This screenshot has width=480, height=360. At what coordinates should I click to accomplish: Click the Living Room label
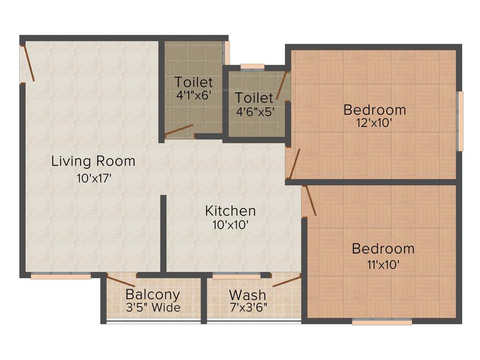93,161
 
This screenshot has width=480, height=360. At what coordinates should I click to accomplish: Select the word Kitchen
230,210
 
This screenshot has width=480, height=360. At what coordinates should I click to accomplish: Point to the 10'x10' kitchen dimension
230,225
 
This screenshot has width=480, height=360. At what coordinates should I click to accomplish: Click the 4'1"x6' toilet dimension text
194,94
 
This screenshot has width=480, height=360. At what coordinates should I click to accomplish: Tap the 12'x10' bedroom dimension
374,123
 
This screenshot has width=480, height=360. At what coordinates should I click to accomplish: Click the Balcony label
153,295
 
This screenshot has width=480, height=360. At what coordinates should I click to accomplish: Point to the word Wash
247,295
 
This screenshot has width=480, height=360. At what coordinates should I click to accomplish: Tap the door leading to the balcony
121,281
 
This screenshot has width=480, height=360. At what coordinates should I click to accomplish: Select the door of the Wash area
286,281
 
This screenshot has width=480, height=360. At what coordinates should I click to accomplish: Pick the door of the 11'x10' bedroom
310,201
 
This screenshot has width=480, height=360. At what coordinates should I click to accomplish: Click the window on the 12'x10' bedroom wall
461,121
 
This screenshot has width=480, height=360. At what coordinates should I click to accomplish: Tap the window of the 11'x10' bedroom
382,322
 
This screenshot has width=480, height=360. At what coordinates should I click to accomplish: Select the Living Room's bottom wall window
60,276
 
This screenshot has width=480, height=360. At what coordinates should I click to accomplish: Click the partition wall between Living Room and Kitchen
163,233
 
